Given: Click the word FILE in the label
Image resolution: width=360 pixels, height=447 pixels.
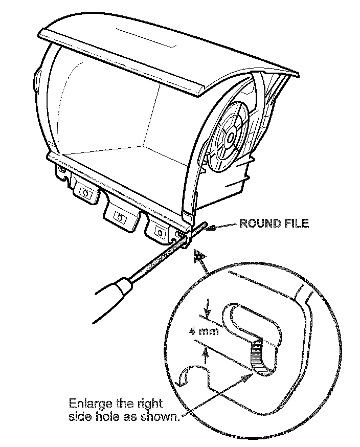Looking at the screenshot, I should tap(297, 224).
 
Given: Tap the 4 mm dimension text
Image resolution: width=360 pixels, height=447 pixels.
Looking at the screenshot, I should tap(204, 331).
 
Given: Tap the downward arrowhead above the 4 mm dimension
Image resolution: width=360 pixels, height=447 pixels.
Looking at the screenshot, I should tap(208, 315).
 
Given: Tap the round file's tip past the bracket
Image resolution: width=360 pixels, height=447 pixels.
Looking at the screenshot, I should tap(203, 226).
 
